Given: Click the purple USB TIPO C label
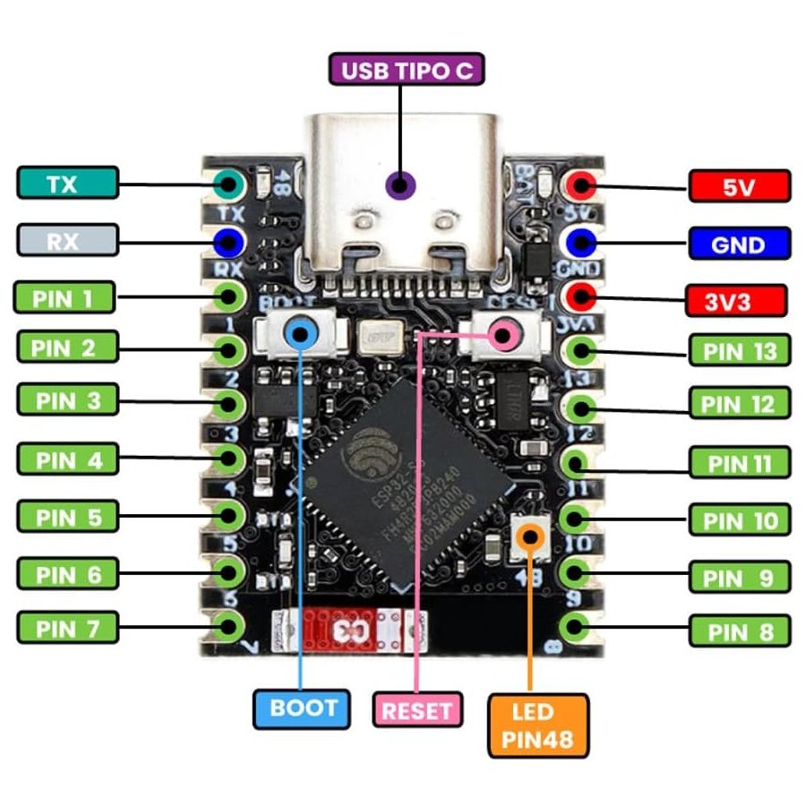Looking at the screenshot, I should click(407, 69).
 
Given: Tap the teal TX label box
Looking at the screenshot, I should click(67, 184).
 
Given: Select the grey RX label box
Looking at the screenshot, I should click(67, 239).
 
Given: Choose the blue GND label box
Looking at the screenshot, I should click(740, 244).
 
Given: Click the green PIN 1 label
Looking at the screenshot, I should click(65, 296).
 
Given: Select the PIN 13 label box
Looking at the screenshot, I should click(740, 350).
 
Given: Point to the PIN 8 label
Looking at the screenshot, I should click(740, 631).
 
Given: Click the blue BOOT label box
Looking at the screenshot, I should click(304, 707).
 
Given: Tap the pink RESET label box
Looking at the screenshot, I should click(417, 710).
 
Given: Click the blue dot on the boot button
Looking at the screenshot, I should click(300, 335).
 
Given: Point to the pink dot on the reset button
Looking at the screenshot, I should click(503, 337).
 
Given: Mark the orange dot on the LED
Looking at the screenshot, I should click(531, 536).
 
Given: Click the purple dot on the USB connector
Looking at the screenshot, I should click(400, 185).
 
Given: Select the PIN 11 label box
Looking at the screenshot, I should click(740, 463).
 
